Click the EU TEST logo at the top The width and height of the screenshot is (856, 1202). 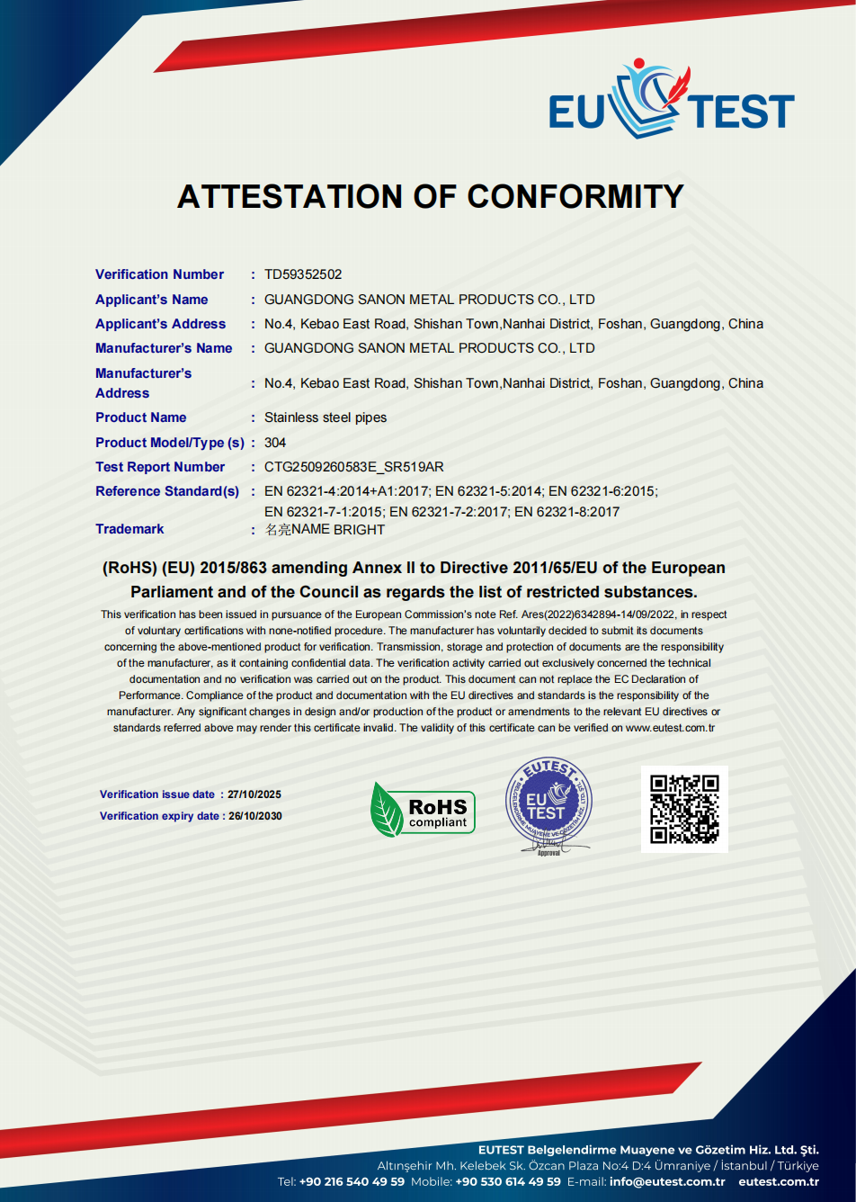(x=671, y=101)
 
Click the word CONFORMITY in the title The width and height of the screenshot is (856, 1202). (x=575, y=196)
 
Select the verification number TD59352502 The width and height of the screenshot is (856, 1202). (x=303, y=274)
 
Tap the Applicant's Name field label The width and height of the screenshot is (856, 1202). (x=152, y=300)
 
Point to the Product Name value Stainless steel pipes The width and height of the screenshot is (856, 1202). (x=325, y=417)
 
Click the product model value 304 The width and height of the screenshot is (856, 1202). (x=275, y=443)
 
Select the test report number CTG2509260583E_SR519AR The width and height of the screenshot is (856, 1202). (x=354, y=467)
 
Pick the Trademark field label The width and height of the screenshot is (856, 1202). (x=130, y=529)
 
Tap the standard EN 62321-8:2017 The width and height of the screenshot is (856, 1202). (x=566, y=512)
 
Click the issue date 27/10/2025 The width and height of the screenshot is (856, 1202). (x=254, y=794)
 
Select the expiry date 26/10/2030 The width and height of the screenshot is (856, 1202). (x=255, y=816)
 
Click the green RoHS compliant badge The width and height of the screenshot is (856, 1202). (x=423, y=810)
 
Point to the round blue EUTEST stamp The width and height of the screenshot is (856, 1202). (x=548, y=803)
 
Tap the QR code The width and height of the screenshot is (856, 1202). (x=684, y=809)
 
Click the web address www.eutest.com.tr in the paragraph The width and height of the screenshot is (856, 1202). (x=670, y=728)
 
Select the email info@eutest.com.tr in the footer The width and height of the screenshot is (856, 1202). (x=667, y=1181)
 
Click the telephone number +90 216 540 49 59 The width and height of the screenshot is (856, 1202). (x=352, y=1181)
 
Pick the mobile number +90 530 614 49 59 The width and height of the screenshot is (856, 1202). (x=508, y=1181)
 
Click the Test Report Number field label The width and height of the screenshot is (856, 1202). (x=160, y=467)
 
